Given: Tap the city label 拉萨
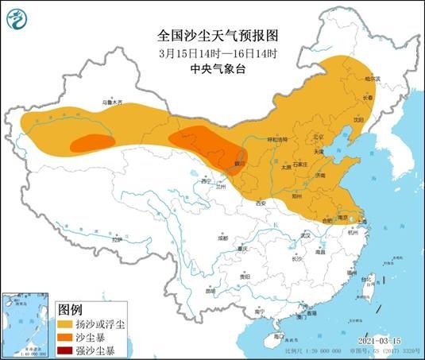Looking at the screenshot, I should click(118, 239).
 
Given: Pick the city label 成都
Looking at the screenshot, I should click(223, 238).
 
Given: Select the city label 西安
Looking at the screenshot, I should click(260, 203).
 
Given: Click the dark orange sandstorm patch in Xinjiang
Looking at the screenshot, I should click(89, 143).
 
